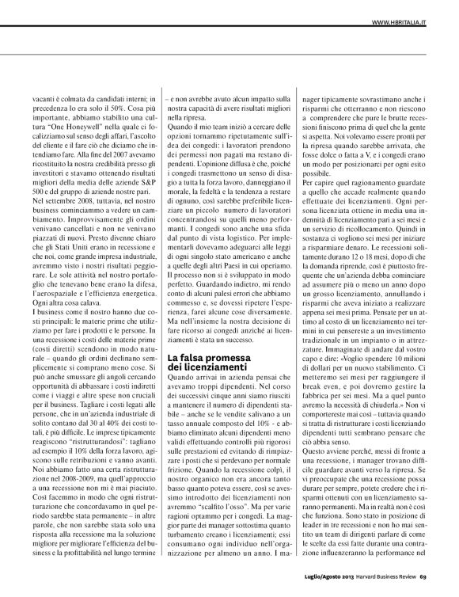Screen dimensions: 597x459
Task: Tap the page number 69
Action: click(445, 586)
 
